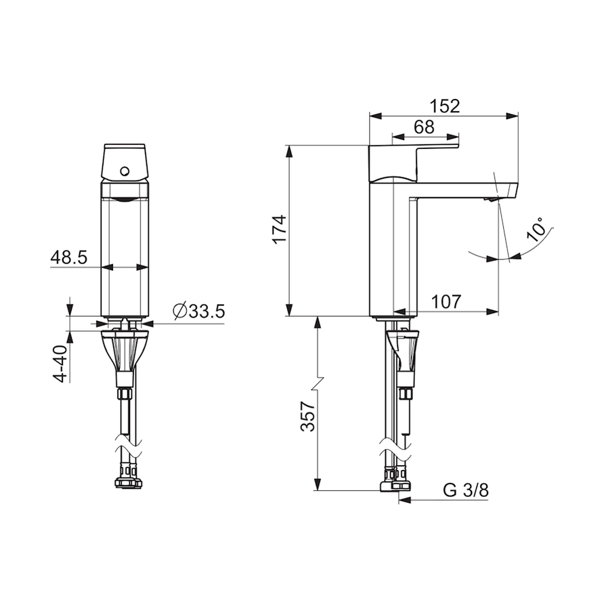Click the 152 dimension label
[445, 106]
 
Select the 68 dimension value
[424, 127]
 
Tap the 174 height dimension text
[280, 229]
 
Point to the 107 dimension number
[446, 301]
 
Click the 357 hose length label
[308, 416]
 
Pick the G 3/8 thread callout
[466, 490]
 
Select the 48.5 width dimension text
[69, 257]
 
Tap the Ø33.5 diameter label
[199, 311]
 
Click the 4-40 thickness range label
[60, 364]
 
